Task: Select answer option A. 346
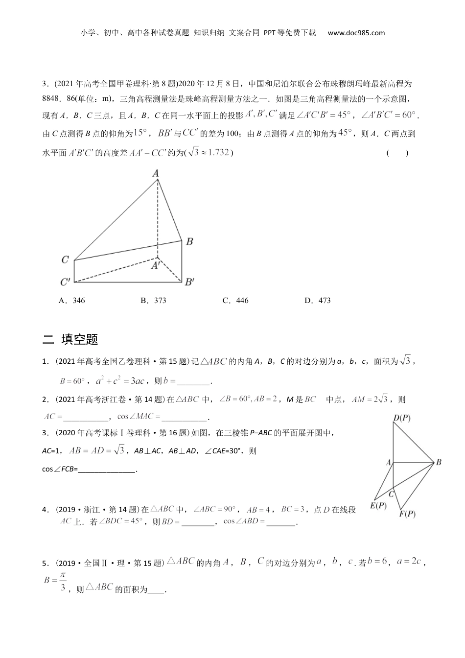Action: pos(71,301)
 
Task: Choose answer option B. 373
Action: pos(153,301)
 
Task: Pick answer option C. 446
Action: pos(235,301)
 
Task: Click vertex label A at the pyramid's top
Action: pos(156,173)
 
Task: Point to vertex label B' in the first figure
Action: pos(189,282)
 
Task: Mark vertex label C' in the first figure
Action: pos(65,282)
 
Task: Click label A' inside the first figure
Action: pos(156,265)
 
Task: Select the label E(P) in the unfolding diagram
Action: pos(378,505)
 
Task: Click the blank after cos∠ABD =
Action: pos(282,522)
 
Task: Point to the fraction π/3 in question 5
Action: pos(63,581)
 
